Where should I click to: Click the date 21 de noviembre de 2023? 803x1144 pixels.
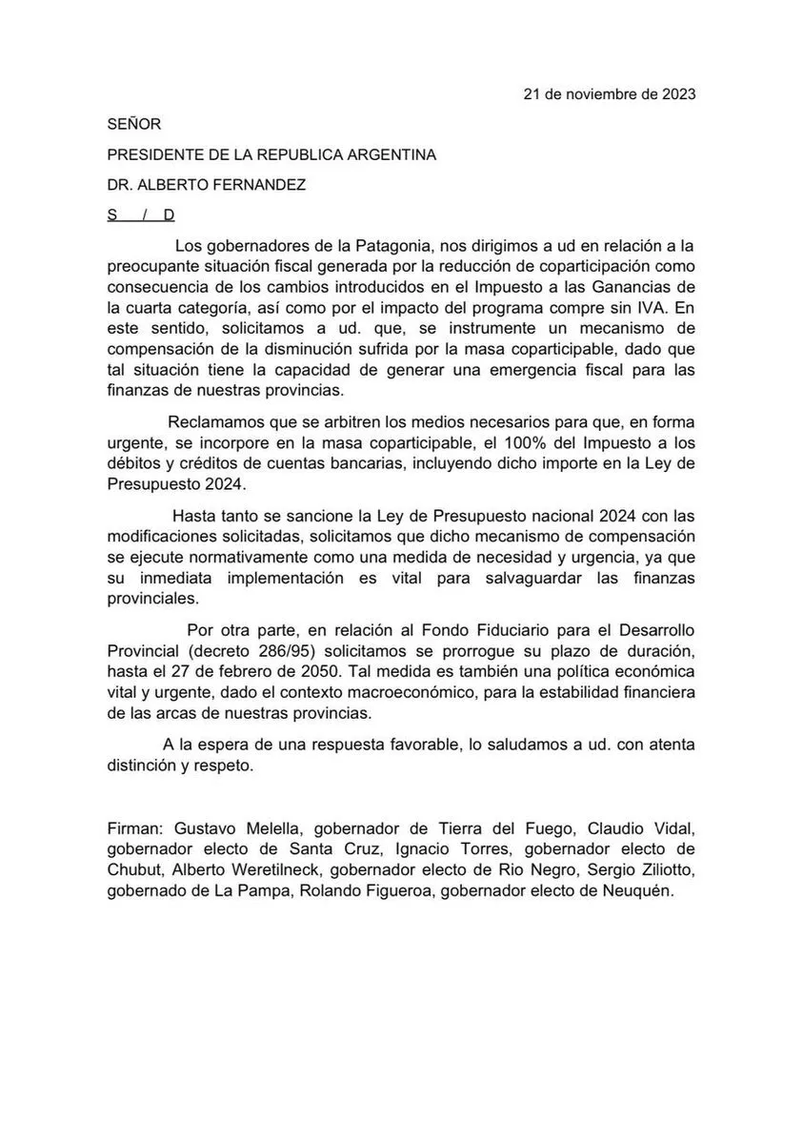click(x=610, y=94)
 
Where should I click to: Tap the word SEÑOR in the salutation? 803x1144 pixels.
click(x=134, y=124)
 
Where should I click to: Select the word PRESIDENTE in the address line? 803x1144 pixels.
click(x=152, y=154)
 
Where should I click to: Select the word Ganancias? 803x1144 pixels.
click(x=619, y=288)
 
